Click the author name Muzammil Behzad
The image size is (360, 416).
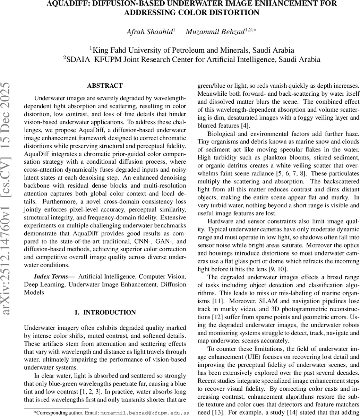coord(215,32)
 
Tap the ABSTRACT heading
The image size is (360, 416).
coord(105,86)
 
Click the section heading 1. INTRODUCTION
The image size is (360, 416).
coord(105,312)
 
